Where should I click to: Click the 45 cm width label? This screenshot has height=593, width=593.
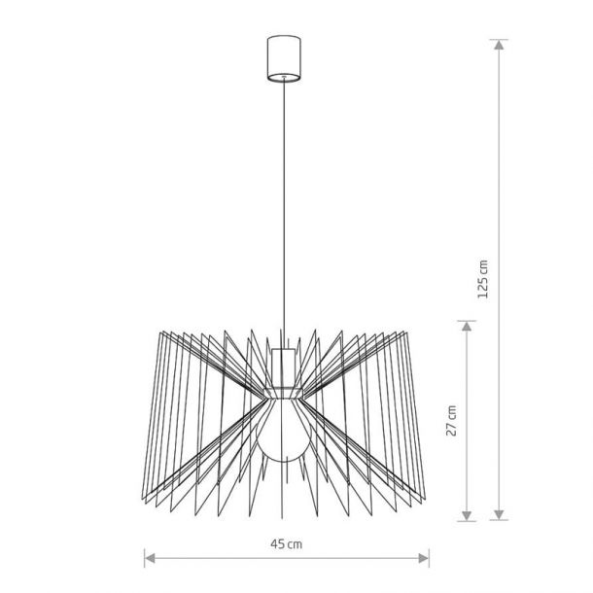(286, 544)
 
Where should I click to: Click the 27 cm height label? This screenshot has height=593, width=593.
(451, 421)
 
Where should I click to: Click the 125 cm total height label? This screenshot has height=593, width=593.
(483, 279)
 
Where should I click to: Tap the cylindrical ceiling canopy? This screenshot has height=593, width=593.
(284, 58)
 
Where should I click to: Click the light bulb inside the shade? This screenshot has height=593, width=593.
(284, 431)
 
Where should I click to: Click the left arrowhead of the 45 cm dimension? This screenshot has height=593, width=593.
(150, 558)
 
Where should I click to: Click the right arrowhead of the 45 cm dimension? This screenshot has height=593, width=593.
(424, 558)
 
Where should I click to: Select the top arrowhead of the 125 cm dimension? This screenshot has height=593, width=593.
(500, 45)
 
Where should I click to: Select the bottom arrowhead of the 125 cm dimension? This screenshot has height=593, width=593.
(500, 514)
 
